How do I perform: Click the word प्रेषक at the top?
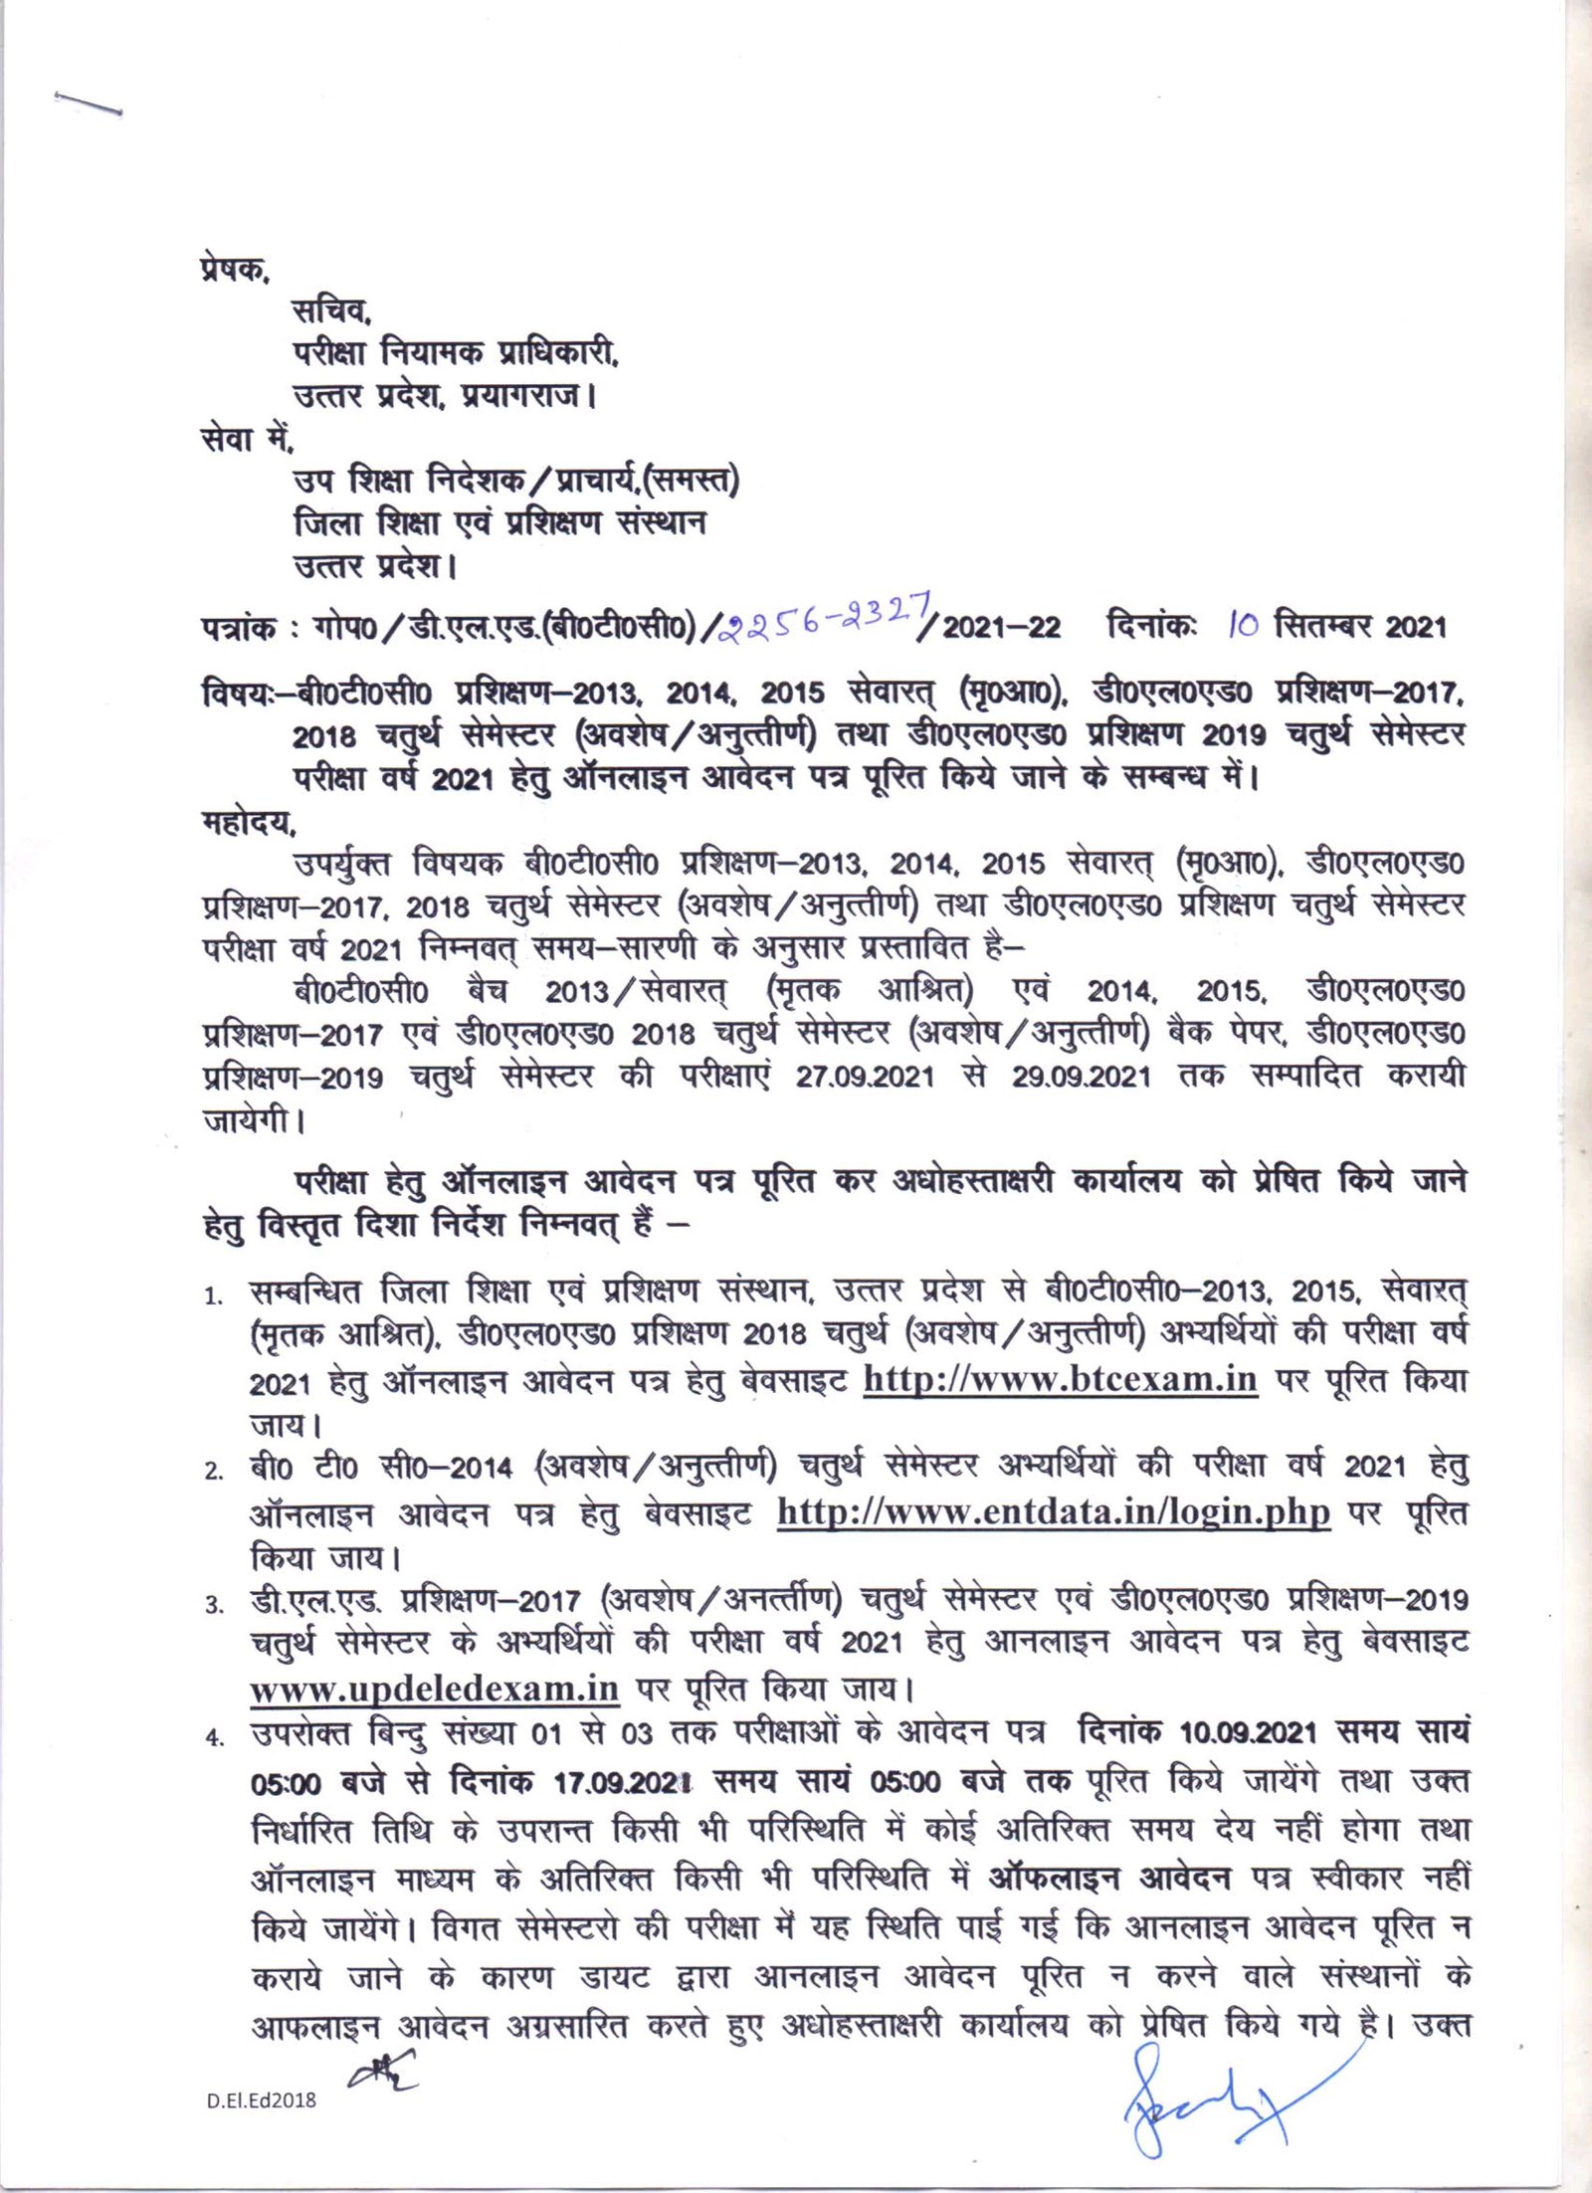click(233, 270)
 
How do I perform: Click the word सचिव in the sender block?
click(331, 311)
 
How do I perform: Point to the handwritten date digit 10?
click(1243, 625)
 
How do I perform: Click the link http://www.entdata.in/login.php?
click(1053, 1511)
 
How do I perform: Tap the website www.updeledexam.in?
click(435, 1689)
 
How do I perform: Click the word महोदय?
click(247, 824)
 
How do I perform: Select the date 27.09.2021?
click(864, 1077)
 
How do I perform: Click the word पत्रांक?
click(238, 629)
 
